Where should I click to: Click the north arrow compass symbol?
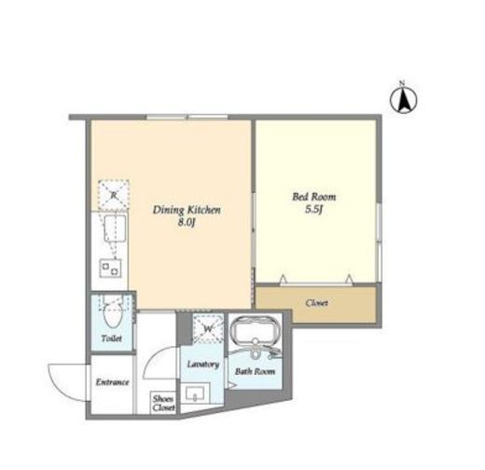click(x=403, y=99)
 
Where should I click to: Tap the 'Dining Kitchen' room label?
click(x=187, y=210)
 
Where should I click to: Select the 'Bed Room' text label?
click(x=314, y=197)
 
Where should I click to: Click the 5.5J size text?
click(x=313, y=209)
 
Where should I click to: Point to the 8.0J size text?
click(x=187, y=223)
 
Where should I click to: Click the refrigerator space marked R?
click(x=114, y=195)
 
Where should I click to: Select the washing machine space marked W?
click(x=208, y=328)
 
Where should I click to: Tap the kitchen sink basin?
click(x=115, y=228)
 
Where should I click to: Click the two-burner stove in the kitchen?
click(x=110, y=269)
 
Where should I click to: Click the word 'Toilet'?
click(x=112, y=339)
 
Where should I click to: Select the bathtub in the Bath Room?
click(x=255, y=330)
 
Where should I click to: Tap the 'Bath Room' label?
click(x=255, y=371)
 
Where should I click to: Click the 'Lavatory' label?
click(x=203, y=364)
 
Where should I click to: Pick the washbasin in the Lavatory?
click(x=195, y=394)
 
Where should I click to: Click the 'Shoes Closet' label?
click(x=163, y=403)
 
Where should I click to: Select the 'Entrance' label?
click(x=112, y=382)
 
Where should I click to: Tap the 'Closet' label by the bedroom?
click(x=316, y=303)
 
